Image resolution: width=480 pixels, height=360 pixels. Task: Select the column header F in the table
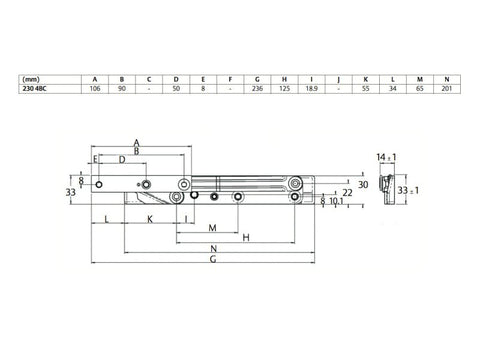(230, 77)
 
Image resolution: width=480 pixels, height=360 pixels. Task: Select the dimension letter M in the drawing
(213, 225)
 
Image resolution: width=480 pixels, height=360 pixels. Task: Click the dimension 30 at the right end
(363, 184)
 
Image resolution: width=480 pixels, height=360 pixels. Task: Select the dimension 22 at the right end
(346, 192)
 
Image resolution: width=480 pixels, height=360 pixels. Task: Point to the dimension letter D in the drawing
(121, 159)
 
